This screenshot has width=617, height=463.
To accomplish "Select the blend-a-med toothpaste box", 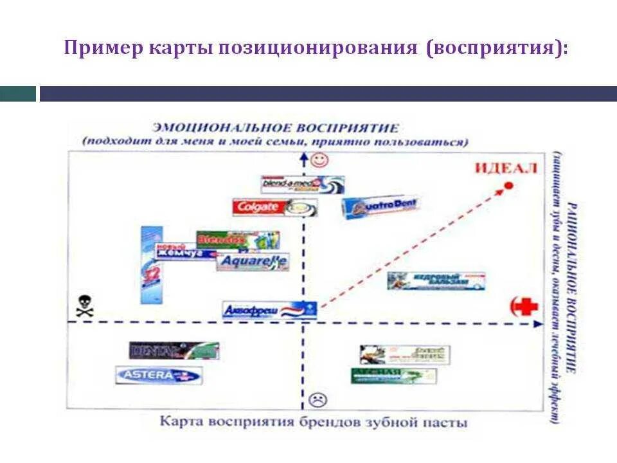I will tap(302, 185).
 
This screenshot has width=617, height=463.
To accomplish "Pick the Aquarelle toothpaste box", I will tap(251, 262).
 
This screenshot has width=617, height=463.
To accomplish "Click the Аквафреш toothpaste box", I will tap(269, 311).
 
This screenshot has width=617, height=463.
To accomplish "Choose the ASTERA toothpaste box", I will tap(159, 375).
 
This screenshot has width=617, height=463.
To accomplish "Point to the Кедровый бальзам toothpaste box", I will tap(435, 280).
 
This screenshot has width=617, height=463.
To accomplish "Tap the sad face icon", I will tap(317, 399).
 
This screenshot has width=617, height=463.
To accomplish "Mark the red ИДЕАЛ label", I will tap(505, 169).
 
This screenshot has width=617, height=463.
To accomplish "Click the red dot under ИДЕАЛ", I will tap(508, 185).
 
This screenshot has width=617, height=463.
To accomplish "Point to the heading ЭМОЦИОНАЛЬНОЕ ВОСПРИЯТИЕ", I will tap(274, 128).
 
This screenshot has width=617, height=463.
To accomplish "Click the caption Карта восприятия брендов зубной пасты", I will tap(313, 422).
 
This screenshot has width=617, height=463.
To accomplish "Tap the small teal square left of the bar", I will tap(18, 94).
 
